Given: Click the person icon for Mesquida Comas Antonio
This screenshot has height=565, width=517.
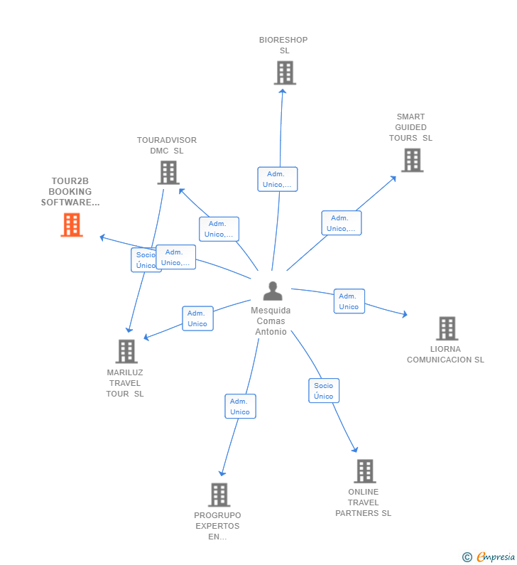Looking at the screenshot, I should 273,291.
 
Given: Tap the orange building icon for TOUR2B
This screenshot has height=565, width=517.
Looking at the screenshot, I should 72,225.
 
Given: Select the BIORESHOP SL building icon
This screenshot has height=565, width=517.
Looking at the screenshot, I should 284,72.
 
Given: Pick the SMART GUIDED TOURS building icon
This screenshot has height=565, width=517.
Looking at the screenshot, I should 411,160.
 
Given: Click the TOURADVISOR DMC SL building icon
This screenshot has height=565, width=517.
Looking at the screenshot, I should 168,172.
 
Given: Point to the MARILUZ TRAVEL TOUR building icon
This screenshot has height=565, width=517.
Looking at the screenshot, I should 126,351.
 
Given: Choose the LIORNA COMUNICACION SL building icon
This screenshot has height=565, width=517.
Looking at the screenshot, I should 447,328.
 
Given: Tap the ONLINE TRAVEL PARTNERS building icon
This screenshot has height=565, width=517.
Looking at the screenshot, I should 364,470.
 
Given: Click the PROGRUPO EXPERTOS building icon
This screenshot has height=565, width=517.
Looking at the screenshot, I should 219,495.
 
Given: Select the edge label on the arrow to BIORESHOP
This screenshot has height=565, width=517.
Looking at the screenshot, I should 277,179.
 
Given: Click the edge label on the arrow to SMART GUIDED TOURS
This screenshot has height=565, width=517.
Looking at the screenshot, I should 341,223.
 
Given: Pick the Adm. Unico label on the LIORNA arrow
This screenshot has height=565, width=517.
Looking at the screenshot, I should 349,301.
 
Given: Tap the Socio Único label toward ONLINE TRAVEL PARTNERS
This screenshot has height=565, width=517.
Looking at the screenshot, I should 323,391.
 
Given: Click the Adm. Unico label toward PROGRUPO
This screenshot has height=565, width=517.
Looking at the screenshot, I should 240,407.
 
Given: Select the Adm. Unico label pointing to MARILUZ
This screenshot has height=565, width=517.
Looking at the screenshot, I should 197,318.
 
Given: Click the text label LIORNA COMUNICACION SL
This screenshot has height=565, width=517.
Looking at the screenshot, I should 445,355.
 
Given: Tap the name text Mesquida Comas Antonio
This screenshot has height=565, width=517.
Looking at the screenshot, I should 271,321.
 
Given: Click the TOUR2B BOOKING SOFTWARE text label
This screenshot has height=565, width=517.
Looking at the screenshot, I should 70,192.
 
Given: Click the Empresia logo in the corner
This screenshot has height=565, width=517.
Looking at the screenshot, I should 489,557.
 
